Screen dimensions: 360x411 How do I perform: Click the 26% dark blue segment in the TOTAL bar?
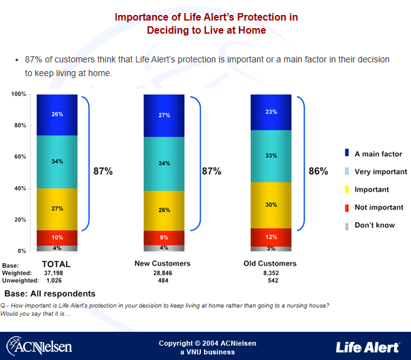point(57,115)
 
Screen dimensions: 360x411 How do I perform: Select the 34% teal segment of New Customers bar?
point(164,163)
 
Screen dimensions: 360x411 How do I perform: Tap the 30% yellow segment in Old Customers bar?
point(270,205)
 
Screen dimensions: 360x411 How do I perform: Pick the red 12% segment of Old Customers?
point(270,237)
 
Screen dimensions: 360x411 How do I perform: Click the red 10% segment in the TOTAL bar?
point(57,237)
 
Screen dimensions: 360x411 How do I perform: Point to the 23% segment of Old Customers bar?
point(270,112)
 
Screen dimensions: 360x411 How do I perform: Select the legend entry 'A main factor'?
point(378,153)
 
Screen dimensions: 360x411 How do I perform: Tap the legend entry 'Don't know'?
point(374,225)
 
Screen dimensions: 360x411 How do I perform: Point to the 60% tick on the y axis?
point(19,157)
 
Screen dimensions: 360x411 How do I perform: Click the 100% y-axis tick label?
point(18,94)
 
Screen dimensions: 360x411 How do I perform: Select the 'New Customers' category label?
point(163,263)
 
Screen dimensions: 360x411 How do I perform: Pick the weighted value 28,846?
point(162,273)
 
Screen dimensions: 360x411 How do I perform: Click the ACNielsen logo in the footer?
point(39,345)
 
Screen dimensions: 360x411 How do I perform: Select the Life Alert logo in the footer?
point(367,346)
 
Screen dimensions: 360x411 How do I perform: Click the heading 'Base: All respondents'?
point(50,293)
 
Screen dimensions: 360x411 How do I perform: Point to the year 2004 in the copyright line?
point(211,343)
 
